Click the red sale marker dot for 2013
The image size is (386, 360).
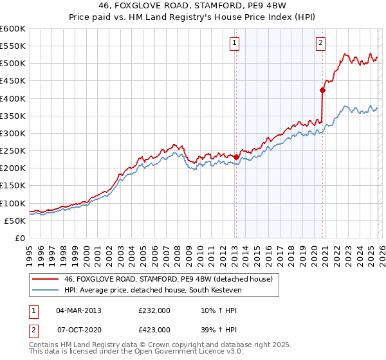tap(236, 157)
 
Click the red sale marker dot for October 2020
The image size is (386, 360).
tap(322, 91)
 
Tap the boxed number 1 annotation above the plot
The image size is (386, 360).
tap(235, 43)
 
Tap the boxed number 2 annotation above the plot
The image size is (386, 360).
tap(321, 43)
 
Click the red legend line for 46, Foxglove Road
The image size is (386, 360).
tap(45, 279)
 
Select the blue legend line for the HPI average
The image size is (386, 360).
tap(45, 290)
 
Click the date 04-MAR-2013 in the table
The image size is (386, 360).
tap(78, 310)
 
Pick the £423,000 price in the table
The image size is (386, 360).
tap(154, 329)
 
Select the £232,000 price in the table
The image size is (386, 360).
tap(154, 310)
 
